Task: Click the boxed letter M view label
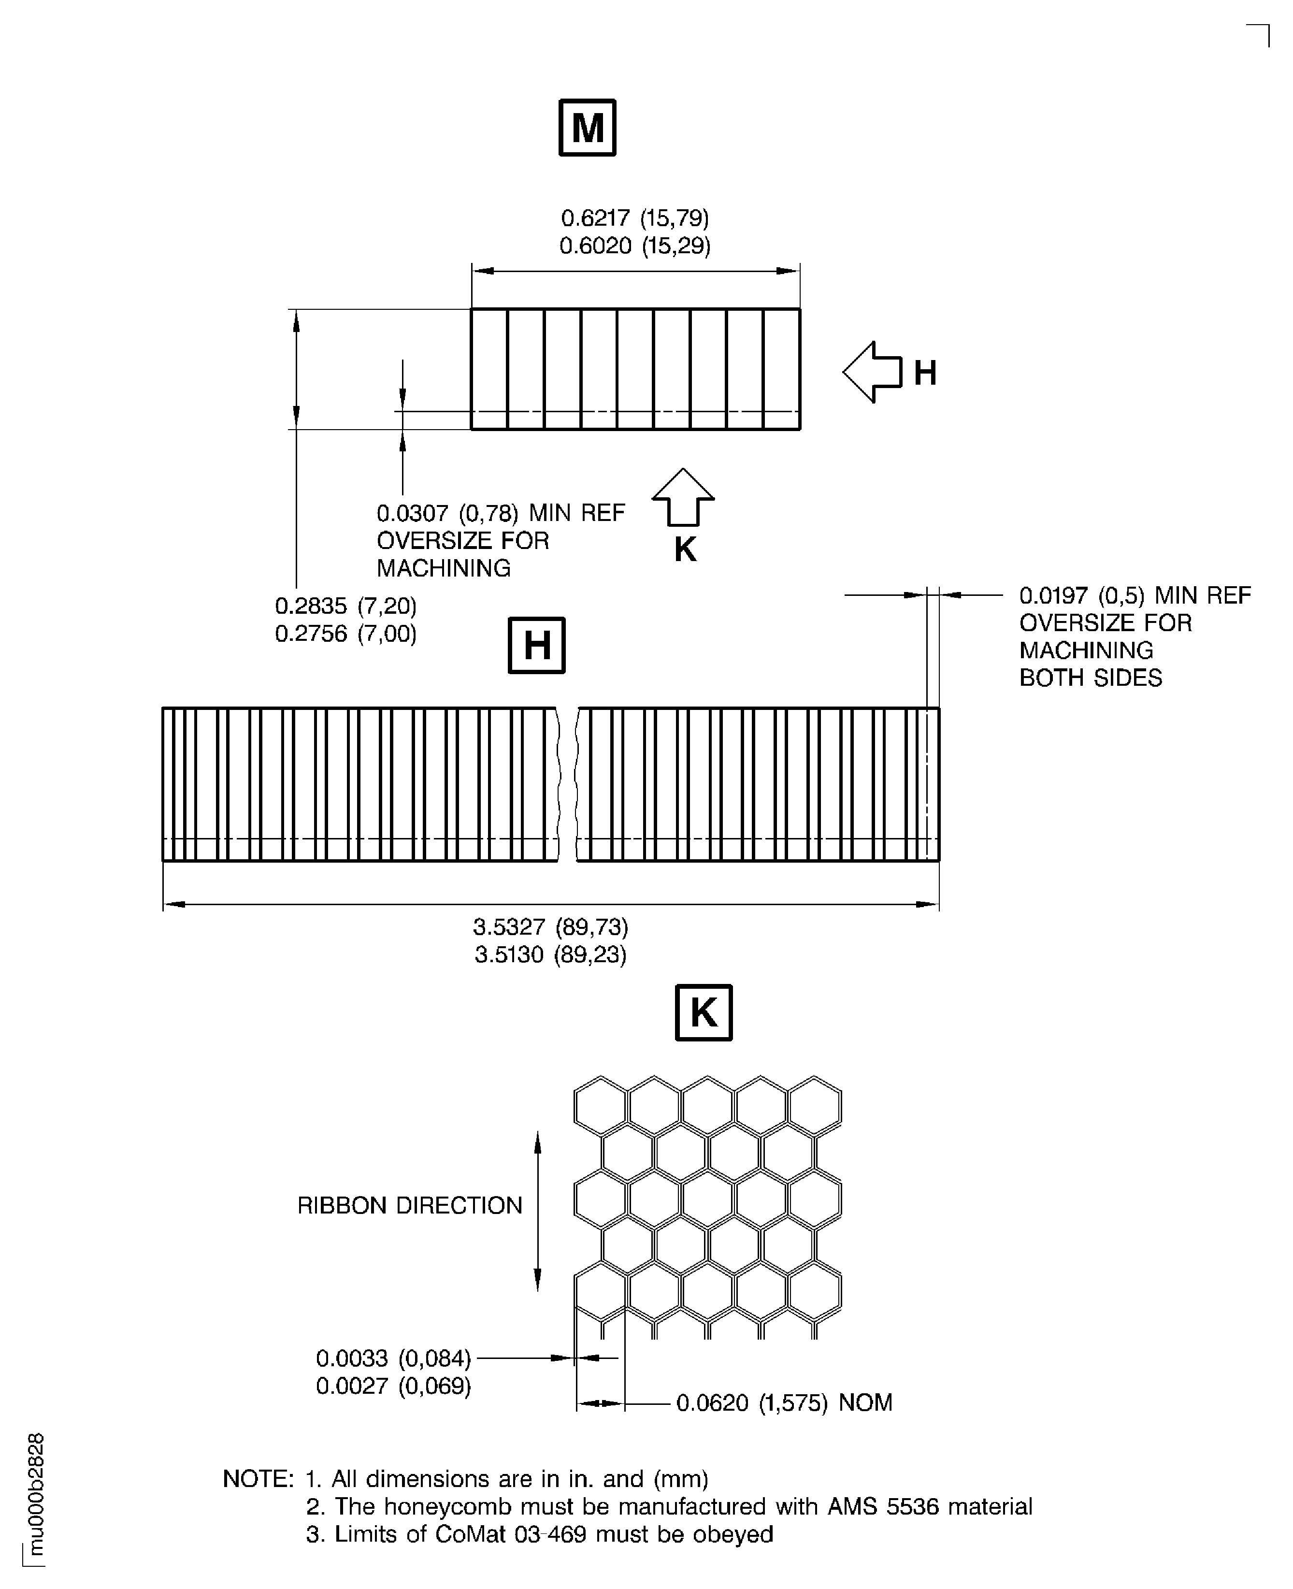pos(587,128)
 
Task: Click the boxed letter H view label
pos(536,645)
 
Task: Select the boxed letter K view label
pos(703,1012)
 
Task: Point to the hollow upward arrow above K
pos(683,496)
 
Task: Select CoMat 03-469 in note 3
pos(510,1534)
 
